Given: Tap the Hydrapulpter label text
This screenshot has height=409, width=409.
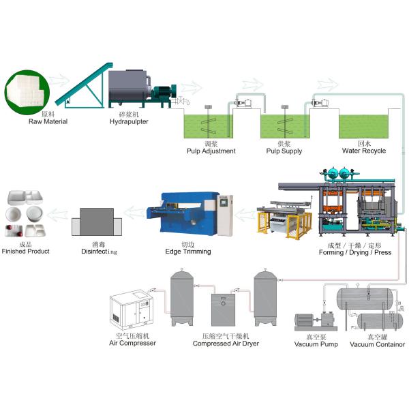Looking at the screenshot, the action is pos(129,121).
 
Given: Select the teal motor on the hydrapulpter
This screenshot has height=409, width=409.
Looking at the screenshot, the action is pos(164,93).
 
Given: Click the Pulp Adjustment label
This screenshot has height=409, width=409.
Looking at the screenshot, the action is pos(211,151).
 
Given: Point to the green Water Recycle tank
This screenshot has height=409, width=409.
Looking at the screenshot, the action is pos(363,127).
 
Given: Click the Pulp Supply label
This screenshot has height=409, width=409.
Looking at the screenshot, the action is pos(284,151).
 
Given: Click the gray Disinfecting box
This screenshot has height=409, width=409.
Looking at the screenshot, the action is pos(97,222).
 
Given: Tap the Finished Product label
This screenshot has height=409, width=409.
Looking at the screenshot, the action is pos(26,251).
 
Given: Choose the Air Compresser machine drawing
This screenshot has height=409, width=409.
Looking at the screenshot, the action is pos(132,309).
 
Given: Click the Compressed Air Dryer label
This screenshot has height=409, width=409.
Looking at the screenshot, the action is pos(226,344).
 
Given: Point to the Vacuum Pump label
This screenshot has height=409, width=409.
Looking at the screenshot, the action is pos(316,344).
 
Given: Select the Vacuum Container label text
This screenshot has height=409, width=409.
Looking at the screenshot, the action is pos(377,344).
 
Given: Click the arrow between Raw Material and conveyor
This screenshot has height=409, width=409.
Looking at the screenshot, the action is pos(59,80).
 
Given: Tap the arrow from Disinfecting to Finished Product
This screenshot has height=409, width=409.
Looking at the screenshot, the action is pos(57,215).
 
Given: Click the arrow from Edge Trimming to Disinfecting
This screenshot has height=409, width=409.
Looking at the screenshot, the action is pos(134,212).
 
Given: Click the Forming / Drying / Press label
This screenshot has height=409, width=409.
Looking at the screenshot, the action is pos(355,252).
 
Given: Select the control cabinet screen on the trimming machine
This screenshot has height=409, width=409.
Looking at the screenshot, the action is pos(224,202).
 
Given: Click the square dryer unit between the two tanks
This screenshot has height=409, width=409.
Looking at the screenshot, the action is pos(223,310).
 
